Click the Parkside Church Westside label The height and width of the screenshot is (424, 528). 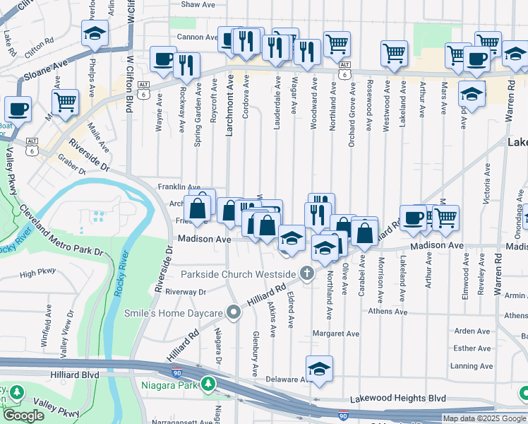click(239, 273)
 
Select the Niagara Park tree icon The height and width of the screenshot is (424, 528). click(208, 384)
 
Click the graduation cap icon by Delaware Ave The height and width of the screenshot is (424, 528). click(319, 369)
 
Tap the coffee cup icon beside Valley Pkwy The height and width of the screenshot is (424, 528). click(18, 110)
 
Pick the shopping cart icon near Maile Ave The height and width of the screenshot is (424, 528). click(65, 101)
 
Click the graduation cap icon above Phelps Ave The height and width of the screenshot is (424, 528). click(94, 33)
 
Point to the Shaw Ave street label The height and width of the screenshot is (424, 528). click(198, 4)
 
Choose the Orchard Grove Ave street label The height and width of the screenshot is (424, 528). click(352, 114)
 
